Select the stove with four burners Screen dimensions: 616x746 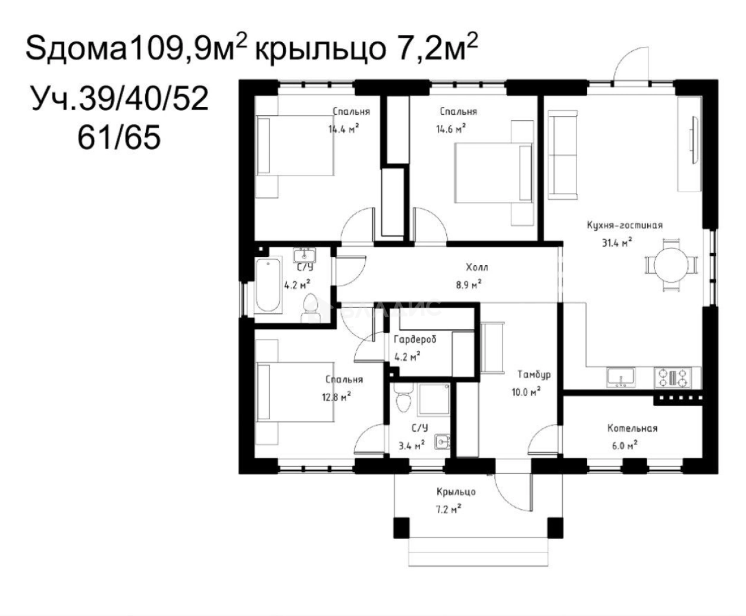[x=678, y=376]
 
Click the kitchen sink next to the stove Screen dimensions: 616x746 [x=620, y=376]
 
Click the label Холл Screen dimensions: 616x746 [x=477, y=268]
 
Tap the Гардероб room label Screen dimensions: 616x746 [x=415, y=340]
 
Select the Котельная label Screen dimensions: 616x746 [x=632, y=428]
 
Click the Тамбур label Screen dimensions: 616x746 [x=534, y=375]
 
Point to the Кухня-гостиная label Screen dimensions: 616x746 [x=624, y=225]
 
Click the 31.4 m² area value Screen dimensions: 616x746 [x=617, y=241]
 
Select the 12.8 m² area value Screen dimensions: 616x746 [x=336, y=396]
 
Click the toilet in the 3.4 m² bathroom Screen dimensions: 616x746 [x=403, y=398]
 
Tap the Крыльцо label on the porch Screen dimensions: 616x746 [x=456, y=492]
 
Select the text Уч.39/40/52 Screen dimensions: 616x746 [x=120, y=99]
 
